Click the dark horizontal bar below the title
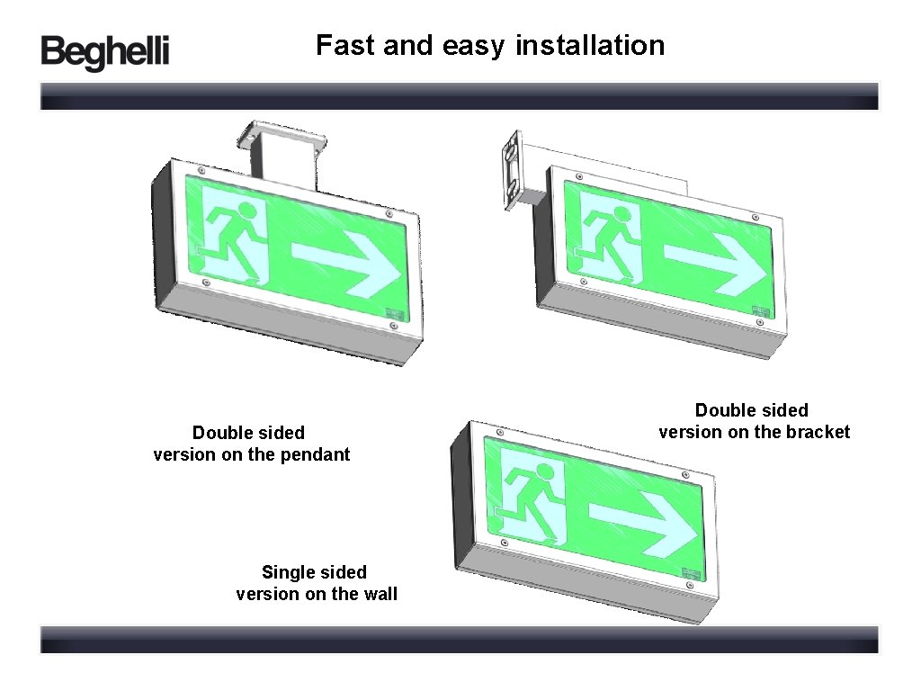click(459, 96)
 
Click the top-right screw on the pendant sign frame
click(389, 213)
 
